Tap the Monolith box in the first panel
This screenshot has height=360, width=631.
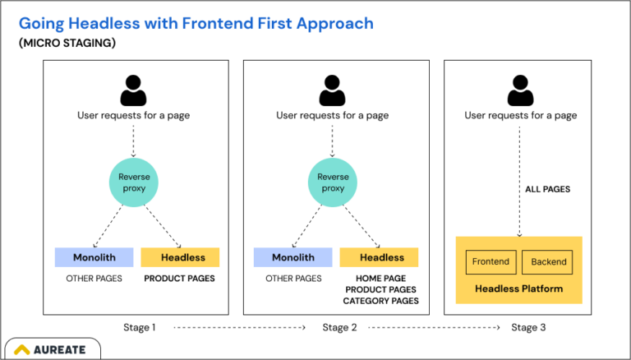coord(93,257)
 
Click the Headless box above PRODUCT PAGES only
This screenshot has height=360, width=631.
coord(180,257)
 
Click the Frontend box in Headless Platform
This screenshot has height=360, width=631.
coord(491,262)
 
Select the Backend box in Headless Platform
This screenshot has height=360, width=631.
coord(547,262)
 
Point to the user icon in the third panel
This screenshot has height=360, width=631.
coord(519,90)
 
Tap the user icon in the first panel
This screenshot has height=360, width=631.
coord(133,90)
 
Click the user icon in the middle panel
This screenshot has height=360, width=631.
coord(333,90)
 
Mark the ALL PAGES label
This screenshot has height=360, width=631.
coord(547,189)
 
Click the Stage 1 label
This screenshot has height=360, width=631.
coord(140,327)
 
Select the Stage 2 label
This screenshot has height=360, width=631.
coord(339,327)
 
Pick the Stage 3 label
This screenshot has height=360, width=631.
coord(528,327)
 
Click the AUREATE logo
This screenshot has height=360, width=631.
coord(51,348)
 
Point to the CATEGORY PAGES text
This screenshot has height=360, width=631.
coord(382,301)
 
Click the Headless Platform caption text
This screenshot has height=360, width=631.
coord(518,288)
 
